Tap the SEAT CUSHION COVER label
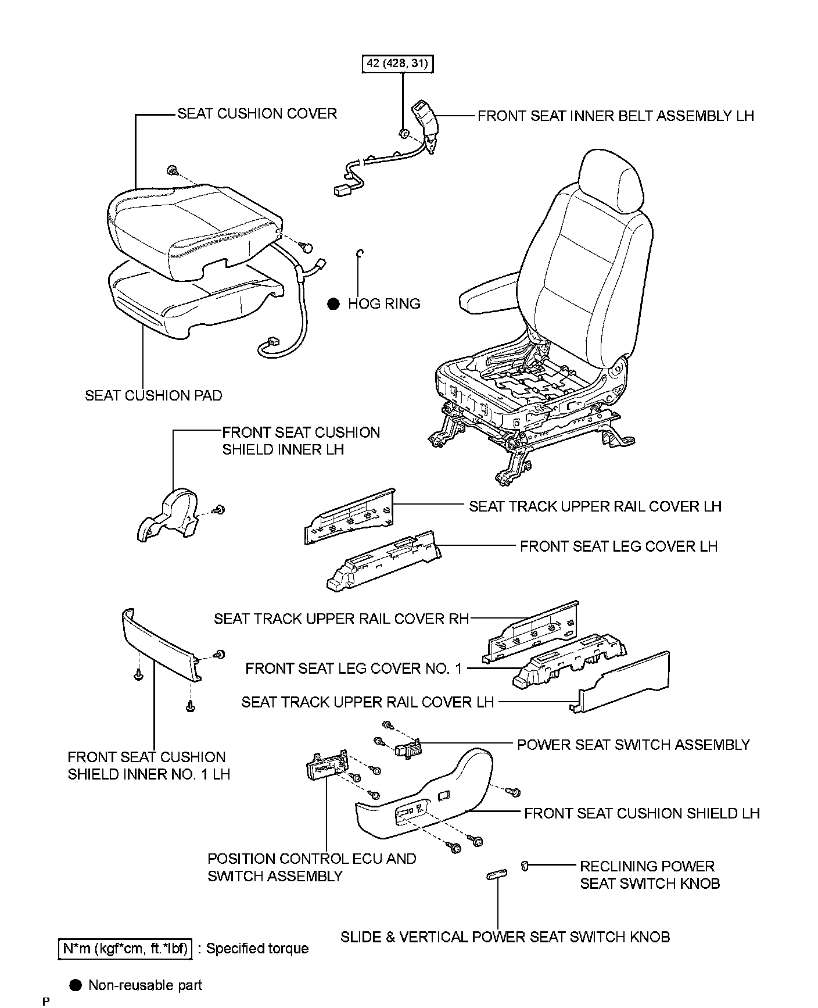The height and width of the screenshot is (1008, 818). click(x=257, y=113)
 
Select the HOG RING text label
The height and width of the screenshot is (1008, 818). click(x=384, y=303)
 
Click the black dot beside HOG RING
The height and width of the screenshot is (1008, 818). click(x=333, y=303)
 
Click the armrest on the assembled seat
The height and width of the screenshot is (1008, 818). click(x=491, y=297)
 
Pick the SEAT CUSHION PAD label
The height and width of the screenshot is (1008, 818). click(x=153, y=395)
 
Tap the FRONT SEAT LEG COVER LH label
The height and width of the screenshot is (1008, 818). click(x=618, y=546)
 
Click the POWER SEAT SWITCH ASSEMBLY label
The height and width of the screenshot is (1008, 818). click(x=633, y=745)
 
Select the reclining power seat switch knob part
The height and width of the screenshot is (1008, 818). click(x=524, y=866)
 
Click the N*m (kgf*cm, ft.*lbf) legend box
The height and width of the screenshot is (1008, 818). click(x=125, y=949)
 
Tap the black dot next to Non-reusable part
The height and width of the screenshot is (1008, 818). click(x=75, y=985)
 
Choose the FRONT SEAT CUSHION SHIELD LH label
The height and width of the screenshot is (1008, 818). click(x=641, y=813)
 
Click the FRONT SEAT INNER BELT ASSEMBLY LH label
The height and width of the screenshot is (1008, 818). click(x=615, y=116)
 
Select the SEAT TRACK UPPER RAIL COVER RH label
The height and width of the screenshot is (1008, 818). click(x=341, y=619)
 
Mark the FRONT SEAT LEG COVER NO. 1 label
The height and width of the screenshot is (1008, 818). click(x=353, y=669)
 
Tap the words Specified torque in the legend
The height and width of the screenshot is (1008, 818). click(x=257, y=949)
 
